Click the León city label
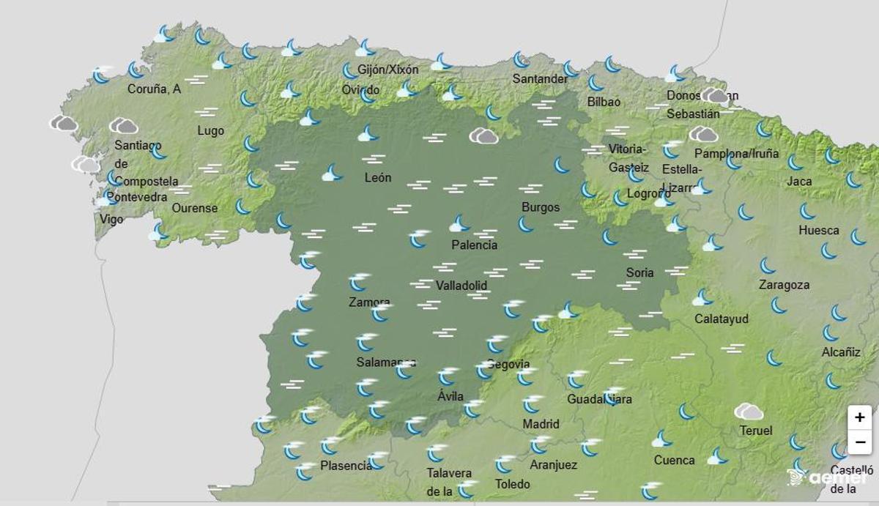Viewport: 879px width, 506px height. click(x=378, y=178)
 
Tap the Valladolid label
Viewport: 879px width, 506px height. click(x=461, y=286)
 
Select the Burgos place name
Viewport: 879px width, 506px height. click(x=541, y=207)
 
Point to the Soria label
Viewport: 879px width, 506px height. click(x=639, y=273)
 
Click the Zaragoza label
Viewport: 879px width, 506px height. click(x=784, y=285)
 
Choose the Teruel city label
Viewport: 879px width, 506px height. click(x=755, y=431)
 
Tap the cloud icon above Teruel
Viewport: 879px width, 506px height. click(x=749, y=412)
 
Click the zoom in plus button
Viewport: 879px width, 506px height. click(x=859, y=417)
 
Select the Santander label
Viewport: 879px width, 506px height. click(x=540, y=78)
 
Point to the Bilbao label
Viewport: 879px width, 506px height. click(x=604, y=103)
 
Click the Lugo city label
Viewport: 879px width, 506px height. click(x=211, y=131)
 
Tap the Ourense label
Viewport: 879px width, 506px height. click(x=195, y=208)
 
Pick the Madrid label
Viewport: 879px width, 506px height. click(x=541, y=424)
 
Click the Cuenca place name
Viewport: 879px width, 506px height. click(x=674, y=460)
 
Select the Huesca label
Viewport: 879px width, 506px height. click(x=818, y=230)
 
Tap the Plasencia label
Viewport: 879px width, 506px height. click(x=346, y=466)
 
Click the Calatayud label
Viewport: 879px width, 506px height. click(x=721, y=319)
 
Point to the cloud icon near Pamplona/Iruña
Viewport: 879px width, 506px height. click(x=703, y=134)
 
